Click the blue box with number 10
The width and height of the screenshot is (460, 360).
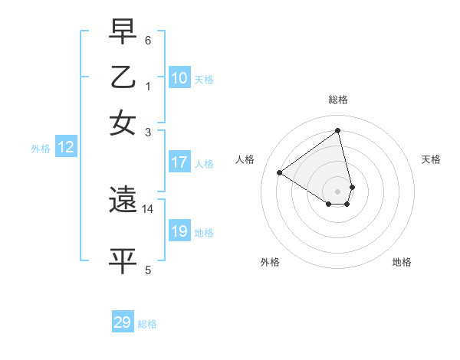(179, 78)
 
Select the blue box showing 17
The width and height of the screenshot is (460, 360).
(179, 162)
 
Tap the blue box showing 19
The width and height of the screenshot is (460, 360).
(179, 231)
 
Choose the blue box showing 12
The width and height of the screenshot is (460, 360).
(65, 148)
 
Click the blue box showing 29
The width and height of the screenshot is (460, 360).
(122, 322)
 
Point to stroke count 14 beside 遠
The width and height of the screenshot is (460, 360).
(148, 208)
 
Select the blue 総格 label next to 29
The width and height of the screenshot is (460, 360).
(147, 324)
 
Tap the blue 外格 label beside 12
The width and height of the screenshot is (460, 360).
(41, 149)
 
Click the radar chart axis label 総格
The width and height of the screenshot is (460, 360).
(338, 100)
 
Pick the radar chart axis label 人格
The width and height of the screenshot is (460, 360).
(245, 159)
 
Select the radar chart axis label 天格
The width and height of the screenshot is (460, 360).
(431, 159)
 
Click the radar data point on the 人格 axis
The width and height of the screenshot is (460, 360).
(280, 172)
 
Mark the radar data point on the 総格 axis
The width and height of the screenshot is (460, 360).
(338, 130)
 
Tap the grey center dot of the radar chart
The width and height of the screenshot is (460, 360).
(338, 191)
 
